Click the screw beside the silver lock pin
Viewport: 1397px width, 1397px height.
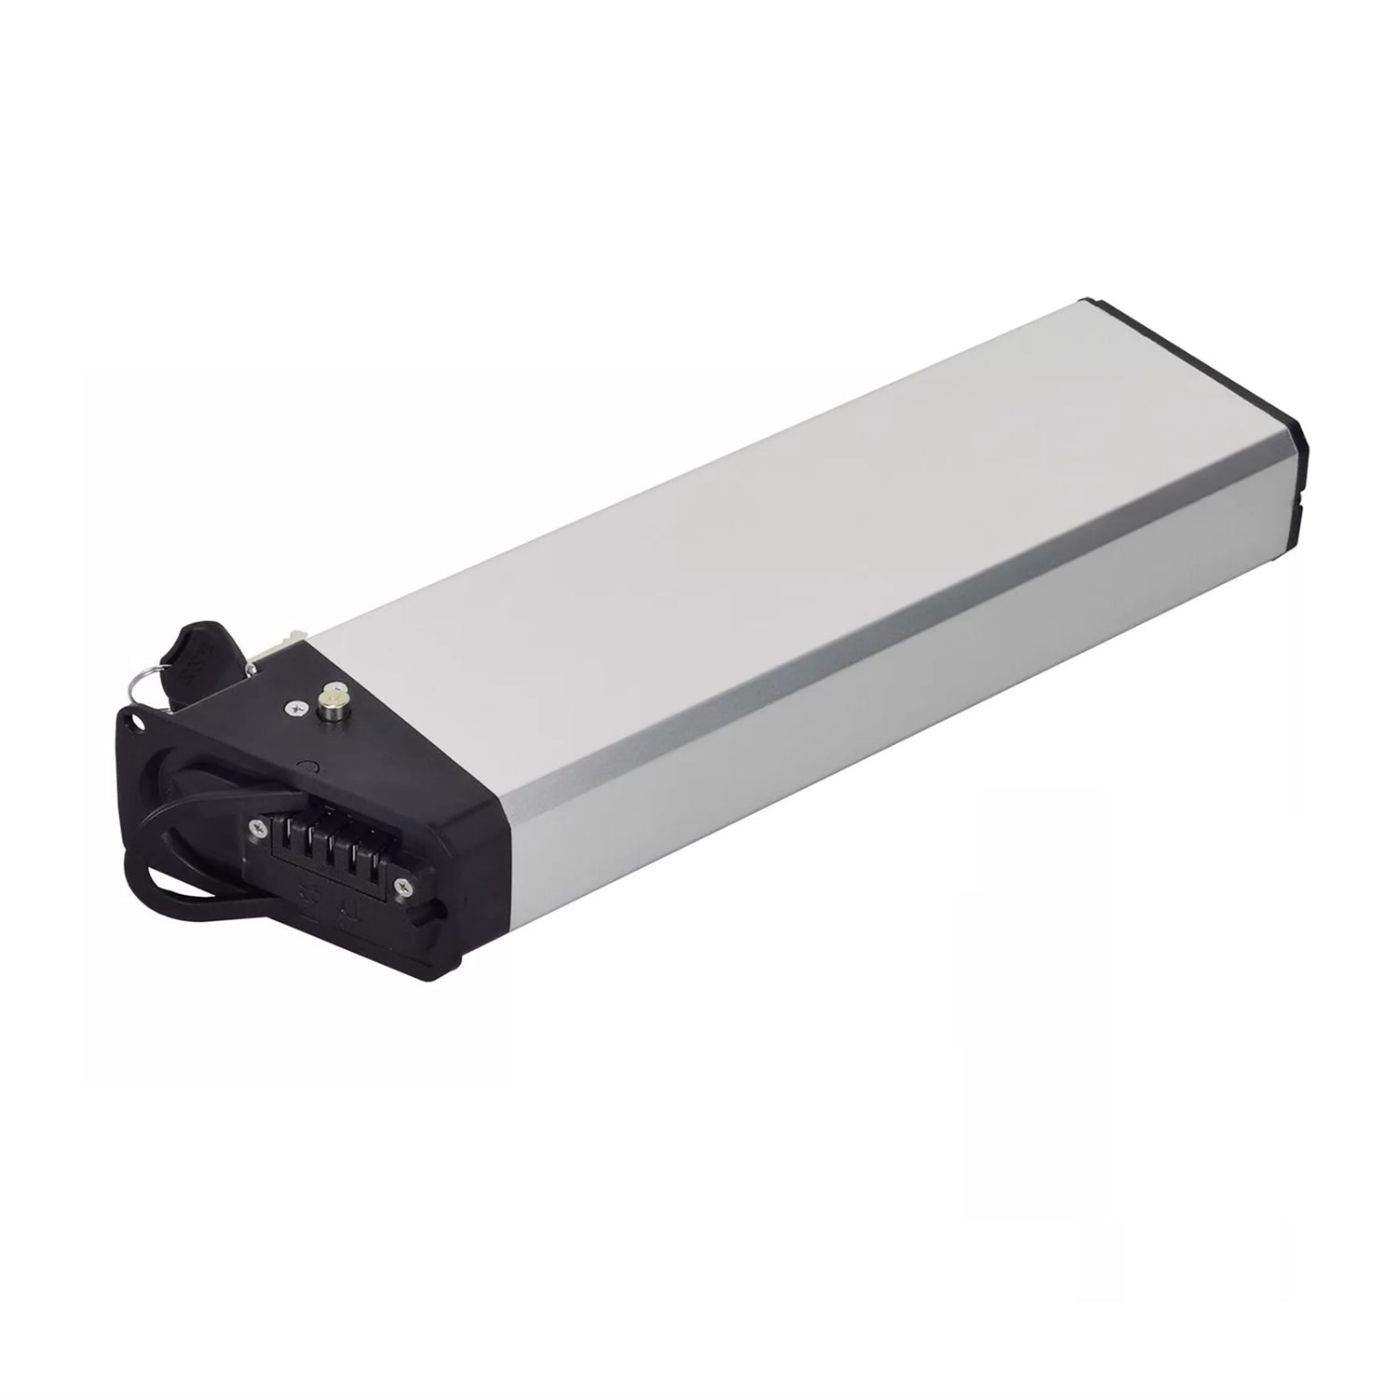(296, 709)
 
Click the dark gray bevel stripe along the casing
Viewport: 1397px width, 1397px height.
(838, 652)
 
